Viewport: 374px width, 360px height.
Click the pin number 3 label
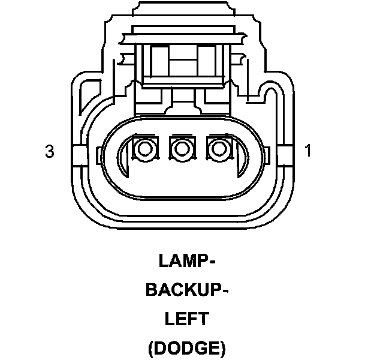coord(50,151)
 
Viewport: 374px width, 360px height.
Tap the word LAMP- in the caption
coord(187,262)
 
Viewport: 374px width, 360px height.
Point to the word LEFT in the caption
coord(187,319)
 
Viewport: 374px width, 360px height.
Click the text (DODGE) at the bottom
coord(187,347)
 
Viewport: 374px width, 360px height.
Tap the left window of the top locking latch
coord(159,61)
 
